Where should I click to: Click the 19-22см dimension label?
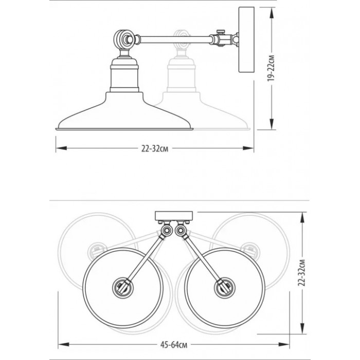pyautogui.click(x=272, y=68)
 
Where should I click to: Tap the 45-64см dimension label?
pyautogui.click(x=174, y=345)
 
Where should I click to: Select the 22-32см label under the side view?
pyautogui.click(x=155, y=149)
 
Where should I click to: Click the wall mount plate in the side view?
pyautogui.click(x=246, y=40)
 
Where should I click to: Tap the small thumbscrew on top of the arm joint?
pyautogui.click(x=221, y=31)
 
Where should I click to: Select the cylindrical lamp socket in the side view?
pyautogui.click(x=124, y=75)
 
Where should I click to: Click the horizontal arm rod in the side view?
pyautogui.click(x=174, y=40)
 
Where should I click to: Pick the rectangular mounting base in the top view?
pyautogui.click(x=174, y=216)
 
